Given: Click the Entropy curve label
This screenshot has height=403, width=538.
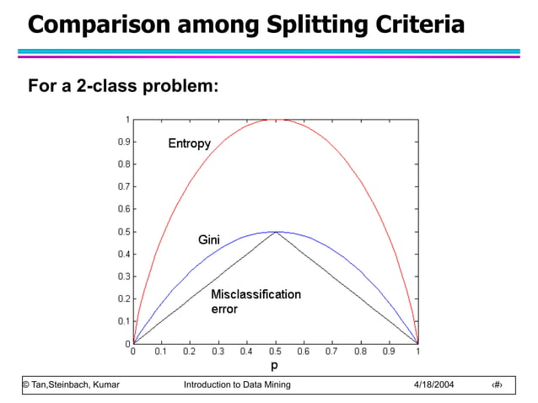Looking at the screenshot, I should [189, 144].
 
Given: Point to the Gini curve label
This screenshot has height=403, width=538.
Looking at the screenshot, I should [208, 240].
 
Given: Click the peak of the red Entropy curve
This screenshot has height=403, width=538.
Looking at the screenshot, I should [275, 120].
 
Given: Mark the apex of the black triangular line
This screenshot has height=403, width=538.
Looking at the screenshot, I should [275, 232].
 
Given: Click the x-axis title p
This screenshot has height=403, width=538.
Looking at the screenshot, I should [274, 367].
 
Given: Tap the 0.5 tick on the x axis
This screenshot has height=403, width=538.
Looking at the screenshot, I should [274, 352].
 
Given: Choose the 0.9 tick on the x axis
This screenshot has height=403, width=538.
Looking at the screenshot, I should [389, 352].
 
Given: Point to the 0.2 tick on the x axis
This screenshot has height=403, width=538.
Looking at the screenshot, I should [189, 352].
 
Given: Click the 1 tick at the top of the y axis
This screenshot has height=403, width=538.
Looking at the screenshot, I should [126, 119].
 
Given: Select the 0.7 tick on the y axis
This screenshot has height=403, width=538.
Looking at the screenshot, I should [123, 186].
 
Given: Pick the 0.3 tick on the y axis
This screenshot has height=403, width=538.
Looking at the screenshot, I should [123, 277].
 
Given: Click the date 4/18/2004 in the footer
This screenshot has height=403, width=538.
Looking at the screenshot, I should [433, 385].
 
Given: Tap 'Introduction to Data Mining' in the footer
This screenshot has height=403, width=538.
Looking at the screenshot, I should [237, 385].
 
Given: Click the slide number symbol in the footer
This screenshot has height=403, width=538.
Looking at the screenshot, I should [496, 385].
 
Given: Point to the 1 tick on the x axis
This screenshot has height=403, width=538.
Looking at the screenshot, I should [417, 352].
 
